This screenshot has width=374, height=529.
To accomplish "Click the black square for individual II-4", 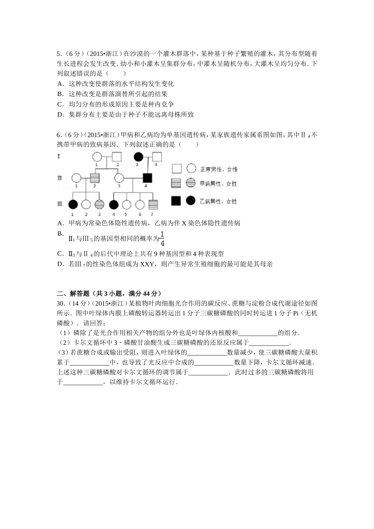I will [x=148, y=178].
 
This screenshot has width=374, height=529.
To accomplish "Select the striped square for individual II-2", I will [x=95, y=178].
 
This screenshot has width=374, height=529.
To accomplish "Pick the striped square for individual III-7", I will [x=153, y=204].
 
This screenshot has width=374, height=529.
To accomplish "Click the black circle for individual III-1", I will [x=73, y=204].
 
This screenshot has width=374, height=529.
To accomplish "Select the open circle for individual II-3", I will [x=119, y=178].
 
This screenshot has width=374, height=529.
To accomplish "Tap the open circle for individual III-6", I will [x=140, y=204].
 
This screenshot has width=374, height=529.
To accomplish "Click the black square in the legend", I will [x=176, y=201].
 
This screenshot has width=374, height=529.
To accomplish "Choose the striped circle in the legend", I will [x=191, y=183].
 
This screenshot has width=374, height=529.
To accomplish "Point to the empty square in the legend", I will [x=176, y=169].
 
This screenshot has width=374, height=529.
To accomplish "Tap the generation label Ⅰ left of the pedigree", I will [x=59, y=156].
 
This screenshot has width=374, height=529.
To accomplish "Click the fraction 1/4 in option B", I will [x=163, y=238].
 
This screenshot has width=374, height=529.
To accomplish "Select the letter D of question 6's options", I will [x=60, y=264].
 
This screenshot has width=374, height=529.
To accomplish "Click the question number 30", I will [x=61, y=303].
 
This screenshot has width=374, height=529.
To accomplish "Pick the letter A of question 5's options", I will [x=60, y=83].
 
